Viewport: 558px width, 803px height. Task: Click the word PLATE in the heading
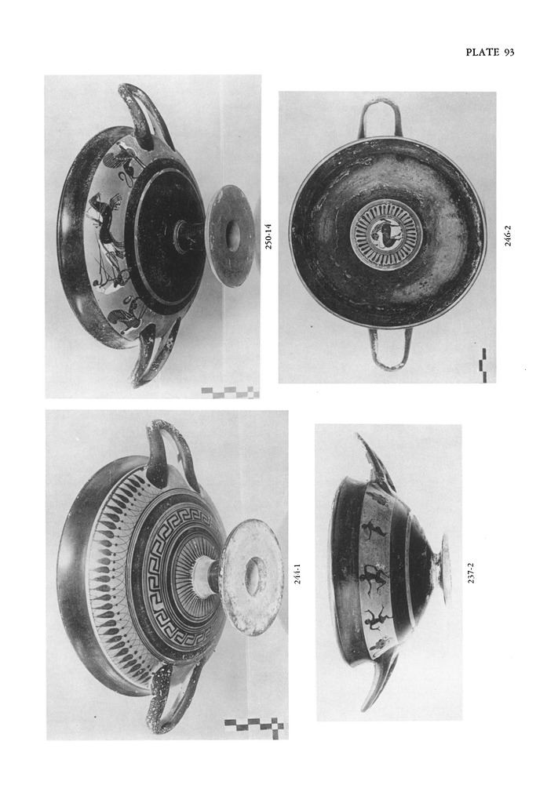pyautogui.click(x=482, y=53)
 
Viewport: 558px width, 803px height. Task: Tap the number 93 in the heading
pyautogui.click(x=509, y=53)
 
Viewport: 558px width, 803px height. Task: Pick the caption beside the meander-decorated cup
pyautogui.click(x=297, y=573)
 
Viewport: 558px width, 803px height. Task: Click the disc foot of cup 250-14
pyautogui.click(x=231, y=235)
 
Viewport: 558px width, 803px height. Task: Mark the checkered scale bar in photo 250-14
pyautogui.click(x=229, y=392)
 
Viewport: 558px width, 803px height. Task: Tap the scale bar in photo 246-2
pyautogui.click(x=483, y=364)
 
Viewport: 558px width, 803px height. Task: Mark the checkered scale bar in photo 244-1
pyautogui.click(x=254, y=725)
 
